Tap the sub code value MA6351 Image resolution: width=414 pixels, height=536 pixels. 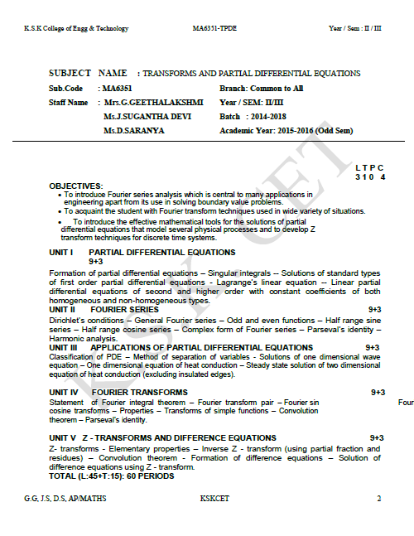pyautogui.click(x=117, y=87)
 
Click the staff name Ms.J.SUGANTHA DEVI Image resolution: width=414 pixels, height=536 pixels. pyautogui.click(x=142, y=116)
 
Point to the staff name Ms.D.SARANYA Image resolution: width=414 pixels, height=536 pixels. pyautogui.click(x=134, y=130)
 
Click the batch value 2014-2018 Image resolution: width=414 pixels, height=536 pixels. pyautogui.click(x=270, y=116)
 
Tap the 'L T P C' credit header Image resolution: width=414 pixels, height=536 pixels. pyautogui.click(x=369, y=168)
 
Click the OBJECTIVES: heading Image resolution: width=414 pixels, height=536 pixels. pyautogui.click(x=76, y=186)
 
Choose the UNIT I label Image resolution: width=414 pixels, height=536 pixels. pyautogui.click(x=62, y=251)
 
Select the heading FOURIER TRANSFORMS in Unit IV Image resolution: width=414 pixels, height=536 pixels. pyautogui.click(x=140, y=392)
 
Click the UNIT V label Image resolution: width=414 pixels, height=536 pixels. pyautogui.click(x=62, y=437)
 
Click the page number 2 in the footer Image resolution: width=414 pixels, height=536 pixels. pyautogui.click(x=378, y=499)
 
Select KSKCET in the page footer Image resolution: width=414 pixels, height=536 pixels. pyautogui.click(x=213, y=499)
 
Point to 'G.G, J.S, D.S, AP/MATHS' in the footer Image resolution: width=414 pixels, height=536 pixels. pyautogui.click(x=65, y=499)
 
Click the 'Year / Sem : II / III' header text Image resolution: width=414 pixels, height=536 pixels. pyautogui.click(x=355, y=28)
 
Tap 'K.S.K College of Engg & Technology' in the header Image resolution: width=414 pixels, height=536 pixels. pyautogui.click(x=76, y=28)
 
